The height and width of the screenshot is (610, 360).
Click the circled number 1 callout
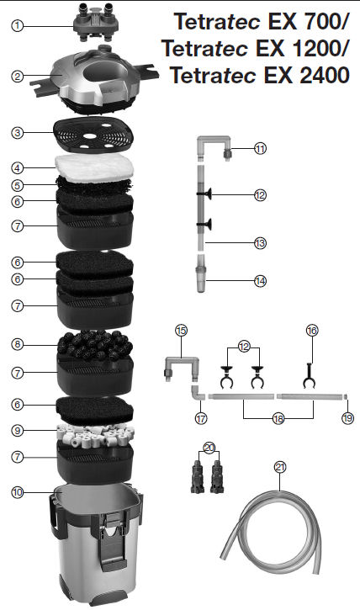click(x=17, y=26)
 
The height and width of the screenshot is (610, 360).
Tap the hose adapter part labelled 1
click(x=96, y=23)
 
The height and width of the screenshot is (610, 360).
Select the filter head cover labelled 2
click(x=94, y=81)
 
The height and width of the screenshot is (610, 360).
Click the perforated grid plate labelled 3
click(x=93, y=135)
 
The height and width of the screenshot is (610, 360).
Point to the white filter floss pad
click(x=94, y=168)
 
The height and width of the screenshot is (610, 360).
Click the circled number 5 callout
click(x=17, y=186)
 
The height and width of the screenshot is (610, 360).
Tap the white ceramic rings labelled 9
click(x=96, y=435)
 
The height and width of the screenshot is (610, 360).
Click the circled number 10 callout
click(x=17, y=492)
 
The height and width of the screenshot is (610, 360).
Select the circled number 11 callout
click(x=260, y=148)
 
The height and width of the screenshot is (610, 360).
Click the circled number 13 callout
click(x=260, y=243)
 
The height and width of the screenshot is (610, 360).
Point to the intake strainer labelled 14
click(x=201, y=273)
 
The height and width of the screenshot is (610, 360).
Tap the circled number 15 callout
click(x=181, y=331)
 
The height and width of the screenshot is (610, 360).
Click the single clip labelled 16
click(x=309, y=376)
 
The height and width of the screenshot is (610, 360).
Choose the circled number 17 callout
click(x=201, y=419)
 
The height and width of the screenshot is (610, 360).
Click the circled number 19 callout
click(x=347, y=418)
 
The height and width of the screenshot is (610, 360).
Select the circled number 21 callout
click(x=280, y=467)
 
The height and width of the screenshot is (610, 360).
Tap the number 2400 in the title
click(x=324, y=75)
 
